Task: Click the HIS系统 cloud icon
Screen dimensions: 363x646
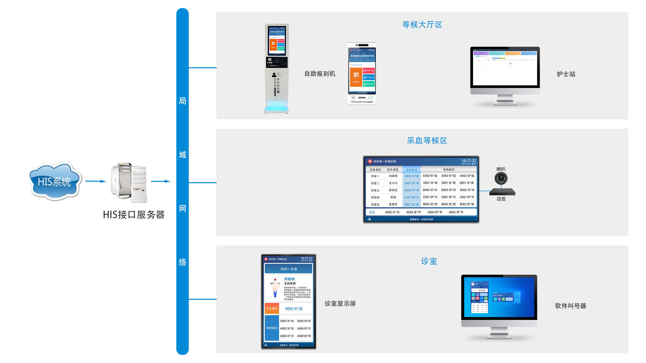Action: tap(55, 182)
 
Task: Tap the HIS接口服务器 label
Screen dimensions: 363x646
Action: tap(134, 215)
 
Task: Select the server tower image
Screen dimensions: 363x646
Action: tap(129, 183)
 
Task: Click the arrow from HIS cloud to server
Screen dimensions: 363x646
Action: tap(96, 181)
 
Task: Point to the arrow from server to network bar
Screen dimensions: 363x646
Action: tap(160, 181)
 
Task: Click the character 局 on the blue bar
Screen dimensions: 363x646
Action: tap(182, 101)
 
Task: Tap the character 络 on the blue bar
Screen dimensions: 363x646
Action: tap(182, 262)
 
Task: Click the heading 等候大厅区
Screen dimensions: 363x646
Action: tap(422, 25)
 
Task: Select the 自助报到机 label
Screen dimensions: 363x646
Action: tap(320, 74)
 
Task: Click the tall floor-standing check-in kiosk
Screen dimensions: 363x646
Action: tap(277, 69)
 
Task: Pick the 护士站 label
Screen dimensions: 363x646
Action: tap(566, 74)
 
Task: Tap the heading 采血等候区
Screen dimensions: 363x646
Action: tap(427, 140)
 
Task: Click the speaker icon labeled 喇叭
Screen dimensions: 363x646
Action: tap(501, 178)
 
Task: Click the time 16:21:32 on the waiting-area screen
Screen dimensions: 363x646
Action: tap(468, 161)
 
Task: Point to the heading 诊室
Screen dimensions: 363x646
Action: tap(429, 261)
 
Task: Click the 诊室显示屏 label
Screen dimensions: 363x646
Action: tap(340, 304)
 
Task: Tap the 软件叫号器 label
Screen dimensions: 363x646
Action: tap(570, 306)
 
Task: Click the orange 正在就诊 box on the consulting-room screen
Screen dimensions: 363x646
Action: tap(272, 308)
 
